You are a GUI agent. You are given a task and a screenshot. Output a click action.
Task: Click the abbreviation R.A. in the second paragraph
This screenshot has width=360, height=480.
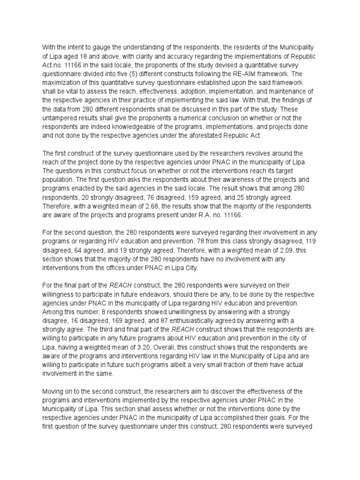pyautogui.click(x=205, y=215)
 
